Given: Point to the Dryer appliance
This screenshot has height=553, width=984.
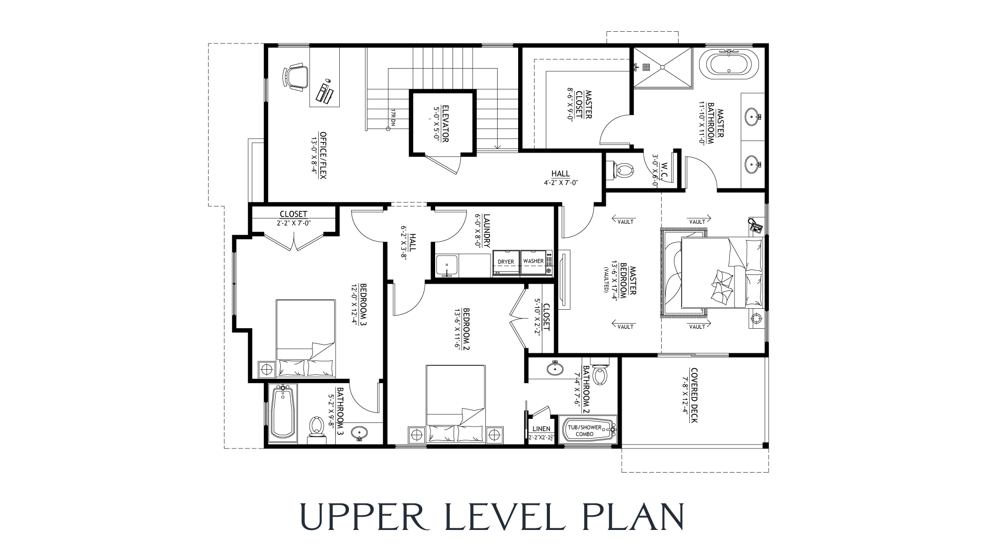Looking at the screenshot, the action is click(x=506, y=262).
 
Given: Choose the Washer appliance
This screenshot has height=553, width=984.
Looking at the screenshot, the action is click(x=534, y=262).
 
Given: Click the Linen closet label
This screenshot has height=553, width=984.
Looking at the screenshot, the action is click(x=541, y=429).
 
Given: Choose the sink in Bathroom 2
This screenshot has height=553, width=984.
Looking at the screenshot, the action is click(x=554, y=368).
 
